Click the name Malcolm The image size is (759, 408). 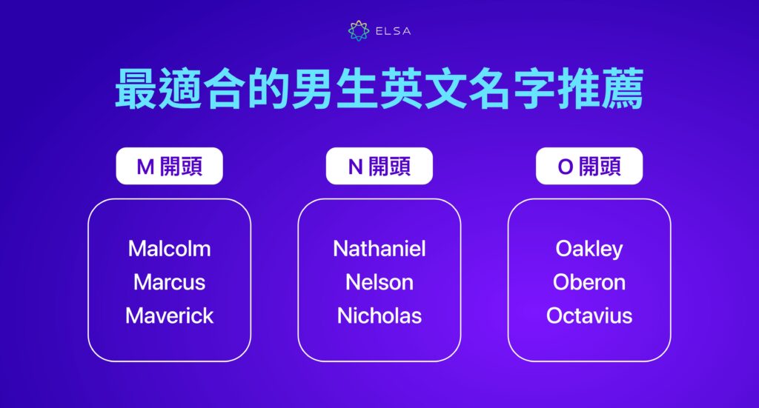pos(169,248)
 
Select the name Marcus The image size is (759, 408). pos(169,282)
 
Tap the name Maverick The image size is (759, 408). pos(169,316)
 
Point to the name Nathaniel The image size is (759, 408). pos(379,248)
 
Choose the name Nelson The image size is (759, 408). pos(379,282)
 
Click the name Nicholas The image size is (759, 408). pos(379,316)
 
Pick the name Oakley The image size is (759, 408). pos(589,248)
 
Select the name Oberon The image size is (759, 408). pos(589,282)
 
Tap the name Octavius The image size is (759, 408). pos(589,316)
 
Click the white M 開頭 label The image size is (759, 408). pos(169,167)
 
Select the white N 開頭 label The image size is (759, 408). pos(379,167)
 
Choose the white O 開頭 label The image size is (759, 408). pos(589,167)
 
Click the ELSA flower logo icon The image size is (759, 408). pos(358,31)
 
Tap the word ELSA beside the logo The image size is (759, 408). pos(394,31)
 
